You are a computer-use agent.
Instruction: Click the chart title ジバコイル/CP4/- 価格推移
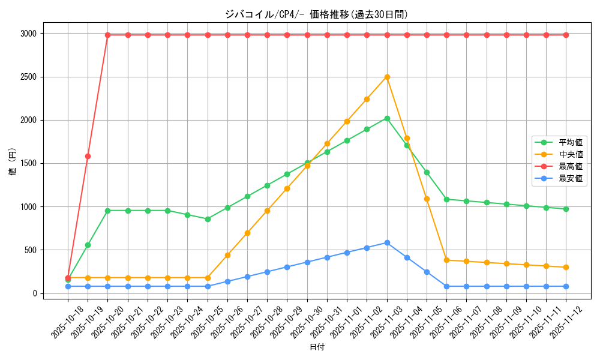(316, 14)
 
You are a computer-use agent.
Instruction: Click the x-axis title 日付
(317, 347)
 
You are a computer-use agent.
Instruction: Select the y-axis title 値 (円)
(12, 163)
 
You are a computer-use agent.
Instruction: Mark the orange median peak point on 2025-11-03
(387, 77)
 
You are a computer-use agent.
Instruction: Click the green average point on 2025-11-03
(387, 118)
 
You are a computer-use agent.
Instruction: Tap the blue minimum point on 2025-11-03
(387, 242)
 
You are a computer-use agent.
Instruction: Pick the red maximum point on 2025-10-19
(88, 156)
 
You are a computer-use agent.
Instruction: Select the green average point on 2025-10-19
(88, 245)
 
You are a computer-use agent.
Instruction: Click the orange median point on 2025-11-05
(427, 199)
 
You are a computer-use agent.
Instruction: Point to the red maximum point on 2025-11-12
(566, 35)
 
